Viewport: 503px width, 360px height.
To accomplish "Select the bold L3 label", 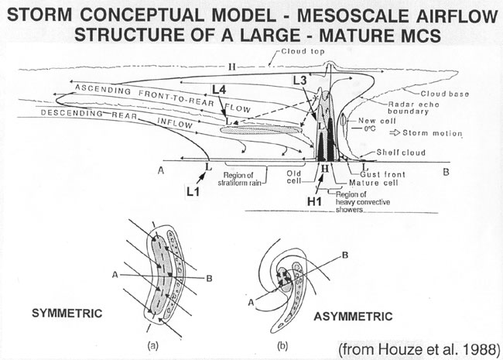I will pyautogui.click(x=303, y=80).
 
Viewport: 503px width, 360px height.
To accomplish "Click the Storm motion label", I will pyautogui.click(x=433, y=134).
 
